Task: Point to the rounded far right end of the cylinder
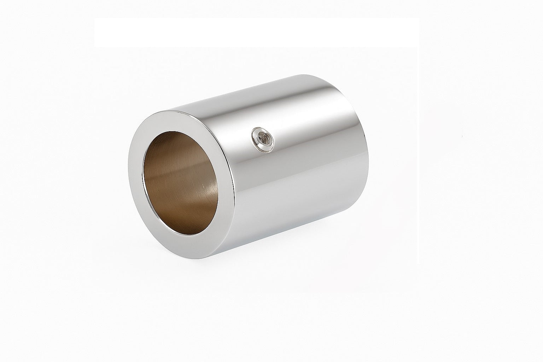tap(368, 141)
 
